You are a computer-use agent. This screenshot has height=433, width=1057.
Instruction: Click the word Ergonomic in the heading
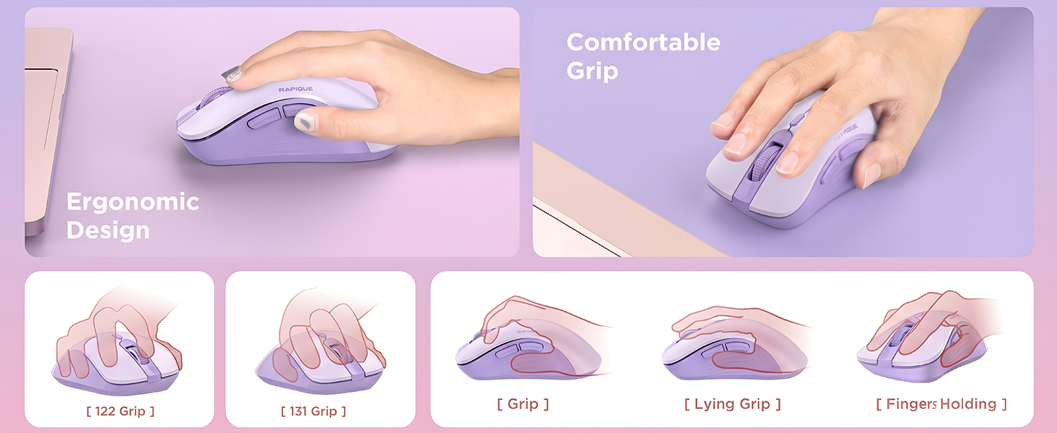tap(133, 202)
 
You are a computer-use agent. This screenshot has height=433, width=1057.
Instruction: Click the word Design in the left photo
tap(108, 230)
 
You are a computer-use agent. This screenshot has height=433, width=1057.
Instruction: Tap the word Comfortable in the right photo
tap(643, 43)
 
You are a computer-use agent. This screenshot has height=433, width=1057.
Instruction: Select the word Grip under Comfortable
tap(592, 71)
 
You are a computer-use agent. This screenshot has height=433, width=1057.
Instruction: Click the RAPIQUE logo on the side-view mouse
tap(296, 89)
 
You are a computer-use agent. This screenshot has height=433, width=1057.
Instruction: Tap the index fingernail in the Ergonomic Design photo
tap(232, 74)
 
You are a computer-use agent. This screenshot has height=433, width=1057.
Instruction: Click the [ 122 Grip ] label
tap(121, 411)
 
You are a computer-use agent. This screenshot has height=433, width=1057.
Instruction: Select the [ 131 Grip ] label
tap(313, 411)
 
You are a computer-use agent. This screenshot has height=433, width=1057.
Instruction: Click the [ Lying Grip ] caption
tap(732, 403)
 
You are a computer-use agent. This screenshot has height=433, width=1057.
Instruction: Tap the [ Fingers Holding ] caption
tap(941, 403)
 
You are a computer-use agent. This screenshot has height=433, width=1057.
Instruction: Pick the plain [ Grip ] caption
tap(523, 403)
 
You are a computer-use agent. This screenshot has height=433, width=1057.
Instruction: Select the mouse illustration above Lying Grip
tap(734, 351)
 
